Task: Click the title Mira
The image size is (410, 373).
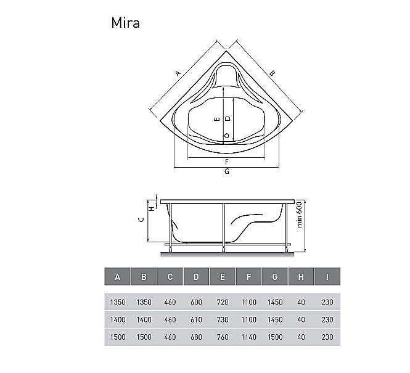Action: (125, 23)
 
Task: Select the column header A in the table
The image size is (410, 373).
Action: (118, 277)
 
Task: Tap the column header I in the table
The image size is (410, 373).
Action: (327, 277)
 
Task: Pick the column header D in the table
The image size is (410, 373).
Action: (196, 277)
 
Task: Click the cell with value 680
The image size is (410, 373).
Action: (196, 337)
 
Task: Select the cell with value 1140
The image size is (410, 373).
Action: (248, 337)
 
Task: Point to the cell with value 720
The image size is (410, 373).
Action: (223, 302)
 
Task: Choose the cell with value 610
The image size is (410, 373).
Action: (196, 319)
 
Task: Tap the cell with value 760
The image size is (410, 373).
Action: (223, 337)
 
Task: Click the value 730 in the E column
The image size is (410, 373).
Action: (223, 319)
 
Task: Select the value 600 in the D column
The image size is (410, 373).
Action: (196, 302)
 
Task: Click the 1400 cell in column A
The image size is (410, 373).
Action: (118, 319)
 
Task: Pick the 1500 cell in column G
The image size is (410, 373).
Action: (275, 337)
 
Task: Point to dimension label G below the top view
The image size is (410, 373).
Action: (227, 172)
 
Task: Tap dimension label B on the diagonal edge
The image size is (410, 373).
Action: (272, 73)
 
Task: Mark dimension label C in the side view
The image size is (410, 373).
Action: (141, 219)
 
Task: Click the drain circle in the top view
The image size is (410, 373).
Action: (227, 136)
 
